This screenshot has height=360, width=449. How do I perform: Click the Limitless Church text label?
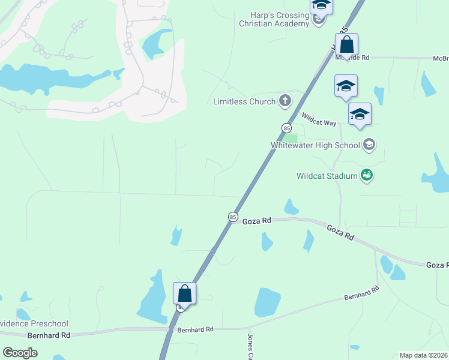[244, 101]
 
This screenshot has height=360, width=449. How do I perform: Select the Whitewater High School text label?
[315, 145]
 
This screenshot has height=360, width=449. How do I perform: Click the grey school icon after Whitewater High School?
[369, 145]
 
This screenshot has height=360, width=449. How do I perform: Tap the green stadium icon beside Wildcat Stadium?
[366, 176]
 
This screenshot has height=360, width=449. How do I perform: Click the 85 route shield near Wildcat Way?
[286, 128]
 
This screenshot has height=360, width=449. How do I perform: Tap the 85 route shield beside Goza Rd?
[232, 217]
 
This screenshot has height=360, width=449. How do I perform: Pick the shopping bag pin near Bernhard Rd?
[185, 294]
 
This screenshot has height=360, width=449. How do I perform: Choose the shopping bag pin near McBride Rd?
[346, 45]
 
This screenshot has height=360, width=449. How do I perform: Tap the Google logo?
[20, 353]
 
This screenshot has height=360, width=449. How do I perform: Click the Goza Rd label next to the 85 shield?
[257, 221]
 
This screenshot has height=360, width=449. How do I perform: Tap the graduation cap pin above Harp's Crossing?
[321, 5]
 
